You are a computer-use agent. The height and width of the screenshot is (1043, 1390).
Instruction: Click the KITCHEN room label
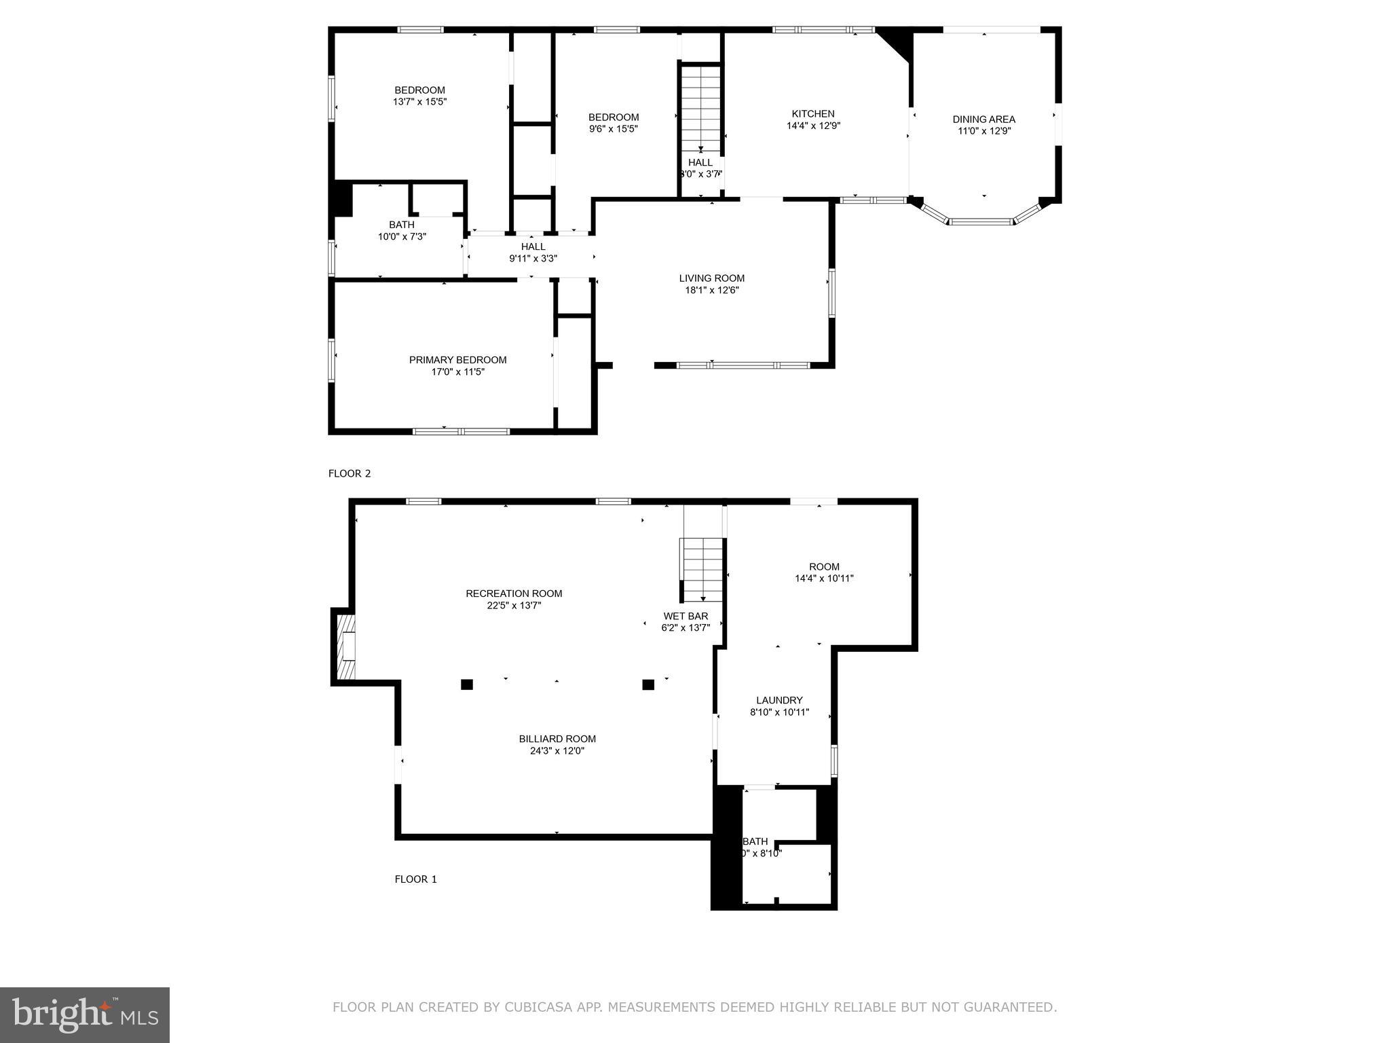[813, 114]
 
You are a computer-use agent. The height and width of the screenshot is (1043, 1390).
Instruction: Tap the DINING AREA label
[983, 120]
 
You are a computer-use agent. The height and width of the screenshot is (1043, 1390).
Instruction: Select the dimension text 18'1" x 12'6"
[711, 290]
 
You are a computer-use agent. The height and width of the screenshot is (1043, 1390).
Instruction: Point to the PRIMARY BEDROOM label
[457, 360]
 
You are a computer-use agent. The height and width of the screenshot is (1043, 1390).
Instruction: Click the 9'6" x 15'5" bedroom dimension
[613, 128]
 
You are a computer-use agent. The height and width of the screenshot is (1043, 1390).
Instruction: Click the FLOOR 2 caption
[350, 473]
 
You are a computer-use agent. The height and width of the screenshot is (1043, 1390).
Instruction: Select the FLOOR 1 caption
[415, 879]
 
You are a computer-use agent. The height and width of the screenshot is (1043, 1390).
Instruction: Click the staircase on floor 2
[700, 109]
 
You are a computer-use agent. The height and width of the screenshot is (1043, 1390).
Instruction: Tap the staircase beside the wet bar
[702, 569]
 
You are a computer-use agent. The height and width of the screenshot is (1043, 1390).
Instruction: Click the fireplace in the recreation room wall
[345, 646]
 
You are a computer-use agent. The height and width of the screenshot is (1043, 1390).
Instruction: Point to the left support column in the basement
[466, 684]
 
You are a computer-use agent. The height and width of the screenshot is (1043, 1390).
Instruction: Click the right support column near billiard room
[647, 684]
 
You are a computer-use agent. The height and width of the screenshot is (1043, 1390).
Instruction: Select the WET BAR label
[685, 617]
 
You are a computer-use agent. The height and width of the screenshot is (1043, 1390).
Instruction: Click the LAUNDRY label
[779, 700]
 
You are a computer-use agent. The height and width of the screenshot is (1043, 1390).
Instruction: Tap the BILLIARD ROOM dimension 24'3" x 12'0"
[557, 751]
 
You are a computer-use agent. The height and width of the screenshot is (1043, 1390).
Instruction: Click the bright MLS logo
[85, 1014]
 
